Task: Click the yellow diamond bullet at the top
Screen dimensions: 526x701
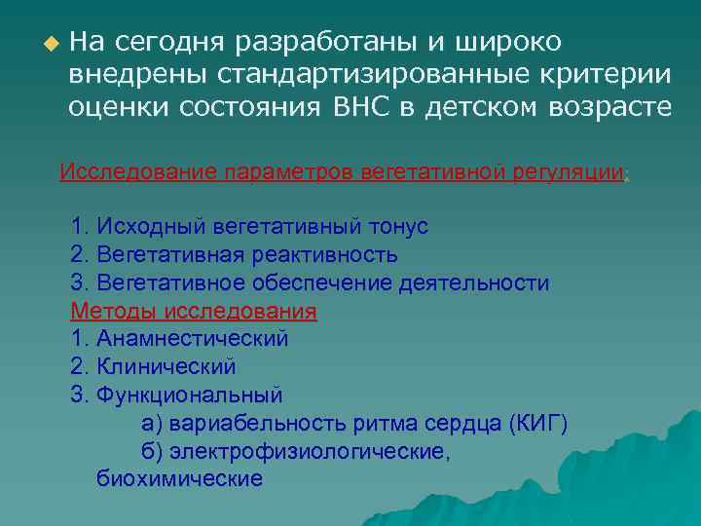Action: click(x=51, y=44)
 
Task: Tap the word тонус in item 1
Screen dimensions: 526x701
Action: click(x=397, y=227)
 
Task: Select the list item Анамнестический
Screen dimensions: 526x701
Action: click(x=192, y=339)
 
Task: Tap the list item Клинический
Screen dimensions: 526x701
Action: click(x=166, y=367)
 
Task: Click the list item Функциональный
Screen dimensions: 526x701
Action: click(x=189, y=395)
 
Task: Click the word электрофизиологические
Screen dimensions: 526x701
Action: click(x=310, y=452)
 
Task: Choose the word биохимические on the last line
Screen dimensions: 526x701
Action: click(x=179, y=479)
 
